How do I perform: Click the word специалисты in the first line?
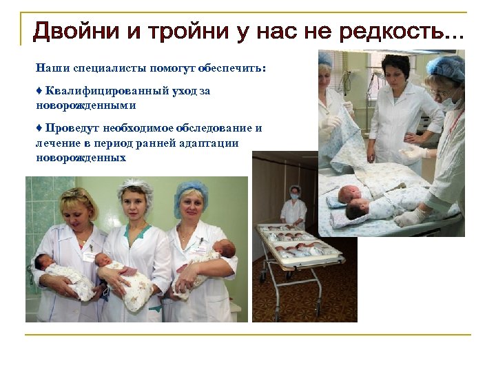pos(96,69)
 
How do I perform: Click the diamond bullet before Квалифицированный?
pos(39,91)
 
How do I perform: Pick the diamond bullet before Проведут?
pos(39,128)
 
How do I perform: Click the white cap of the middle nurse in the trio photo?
pos(134,187)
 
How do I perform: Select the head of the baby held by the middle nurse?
pos(103,260)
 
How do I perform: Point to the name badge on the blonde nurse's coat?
pos(89,255)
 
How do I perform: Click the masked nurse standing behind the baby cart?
pos(295,207)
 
